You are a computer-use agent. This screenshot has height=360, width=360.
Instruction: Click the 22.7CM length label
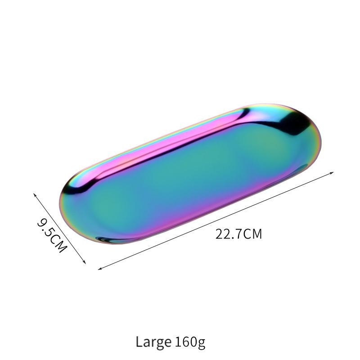(x=238, y=234)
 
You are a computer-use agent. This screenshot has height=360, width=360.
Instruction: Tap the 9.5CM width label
(x=52, y=235)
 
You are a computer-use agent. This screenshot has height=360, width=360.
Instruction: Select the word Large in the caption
(x=153, y=342)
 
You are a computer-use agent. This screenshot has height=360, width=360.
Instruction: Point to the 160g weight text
(x=189, y=342)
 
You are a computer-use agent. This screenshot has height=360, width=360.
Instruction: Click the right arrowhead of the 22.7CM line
(x=333, y=172)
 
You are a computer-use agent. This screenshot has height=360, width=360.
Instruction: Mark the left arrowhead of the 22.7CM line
(x=99, y=269)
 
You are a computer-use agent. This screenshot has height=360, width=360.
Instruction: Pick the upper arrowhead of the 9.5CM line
(x=35, y=194)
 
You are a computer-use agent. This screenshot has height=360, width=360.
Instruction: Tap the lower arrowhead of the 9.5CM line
(x=85, y=263)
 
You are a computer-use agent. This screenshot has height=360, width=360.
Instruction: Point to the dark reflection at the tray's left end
(x=72, y=189)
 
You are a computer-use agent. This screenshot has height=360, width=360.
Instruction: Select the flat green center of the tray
(x=193, y=180)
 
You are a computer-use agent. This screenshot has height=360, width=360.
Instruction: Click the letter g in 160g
(x=201, y=343)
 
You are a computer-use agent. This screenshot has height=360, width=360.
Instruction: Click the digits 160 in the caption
(x=184, y=342)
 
